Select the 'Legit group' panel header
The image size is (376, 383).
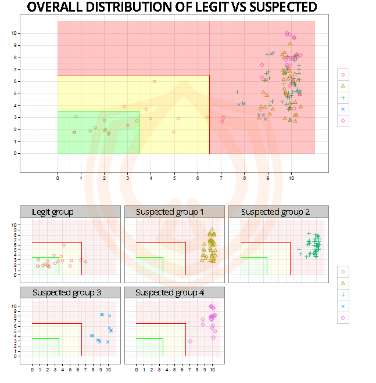tap(53, 212)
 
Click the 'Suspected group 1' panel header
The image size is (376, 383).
tap(170, 212)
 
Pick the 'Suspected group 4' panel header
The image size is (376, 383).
tap(170, 292)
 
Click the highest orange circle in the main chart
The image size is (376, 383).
tap(154, 81)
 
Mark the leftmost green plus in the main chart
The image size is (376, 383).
tap(237, 92)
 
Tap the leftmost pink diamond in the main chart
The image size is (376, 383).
tap(223, 118)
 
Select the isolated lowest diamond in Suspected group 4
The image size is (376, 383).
tap(191, 341)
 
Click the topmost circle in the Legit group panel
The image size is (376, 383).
tap(64, 245)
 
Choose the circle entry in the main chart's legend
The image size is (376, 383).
tap(343, 74)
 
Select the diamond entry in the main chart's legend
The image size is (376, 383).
tap(343, 121)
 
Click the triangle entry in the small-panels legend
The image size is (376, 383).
tap(343, 283)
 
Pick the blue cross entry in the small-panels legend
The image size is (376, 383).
tap(343, 306)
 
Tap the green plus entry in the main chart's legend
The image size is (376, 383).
tap(343, 97)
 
